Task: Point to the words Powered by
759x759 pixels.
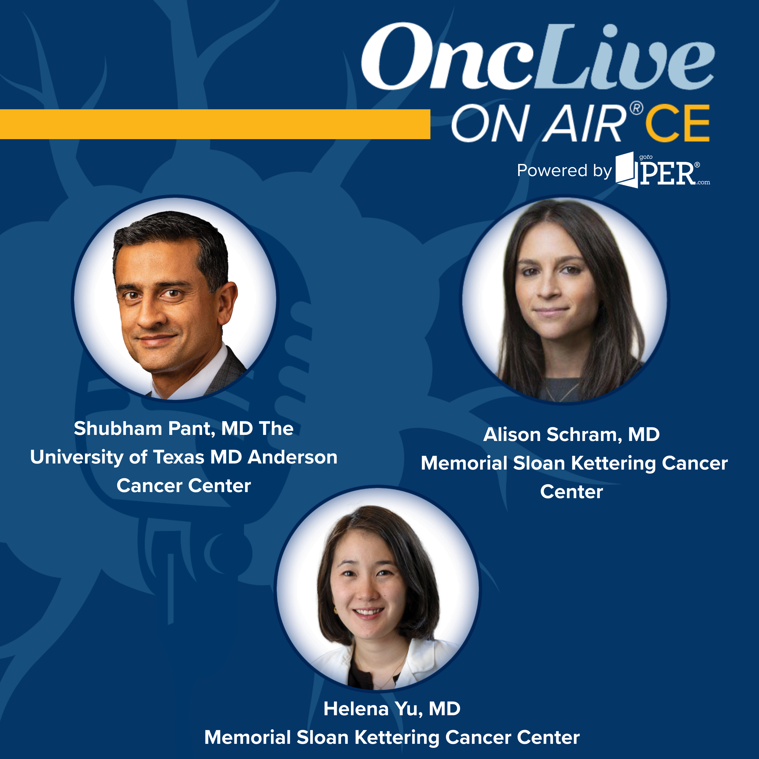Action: coord(564,171)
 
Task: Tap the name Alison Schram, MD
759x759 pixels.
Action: coord(571,434)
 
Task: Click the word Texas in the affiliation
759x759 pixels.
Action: coord(178,457)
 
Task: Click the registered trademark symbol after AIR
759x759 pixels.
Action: coord(637,109)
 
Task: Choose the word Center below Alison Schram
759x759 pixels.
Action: coord(571,492)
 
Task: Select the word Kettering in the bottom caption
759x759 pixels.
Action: coord(397,737)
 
